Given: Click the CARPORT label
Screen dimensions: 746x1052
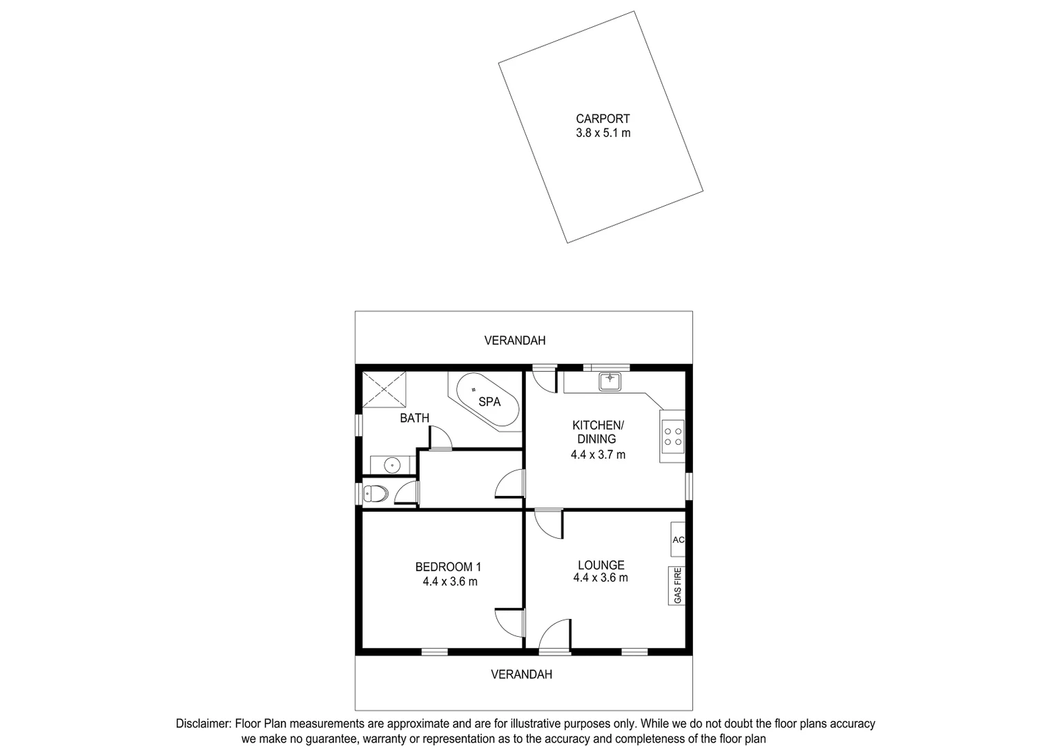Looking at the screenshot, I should tap(603, 119).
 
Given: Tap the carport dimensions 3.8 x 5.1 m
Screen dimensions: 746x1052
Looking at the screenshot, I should tap(603, 133).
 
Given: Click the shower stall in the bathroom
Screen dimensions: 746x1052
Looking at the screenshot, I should tap(384, 389).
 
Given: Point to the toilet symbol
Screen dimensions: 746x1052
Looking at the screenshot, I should tap(376, 493).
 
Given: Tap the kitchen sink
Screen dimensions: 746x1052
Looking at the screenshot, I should tap(610, 381).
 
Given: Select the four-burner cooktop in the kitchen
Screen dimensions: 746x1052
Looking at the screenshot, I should tap(672, 436).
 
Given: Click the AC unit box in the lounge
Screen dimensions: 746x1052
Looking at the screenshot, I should tap(678, 539).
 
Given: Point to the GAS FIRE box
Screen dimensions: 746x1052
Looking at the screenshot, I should tap(677, 586).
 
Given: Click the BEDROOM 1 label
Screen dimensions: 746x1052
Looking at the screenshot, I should tap(448, 567).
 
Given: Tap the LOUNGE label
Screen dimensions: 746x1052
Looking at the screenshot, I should tap(601, 565).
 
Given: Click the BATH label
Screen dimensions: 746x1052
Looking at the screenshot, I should tap(414, 418).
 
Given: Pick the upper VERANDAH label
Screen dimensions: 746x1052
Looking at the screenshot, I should tap(514, 341).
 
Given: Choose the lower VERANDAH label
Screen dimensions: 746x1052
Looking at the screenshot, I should tap(521, 674).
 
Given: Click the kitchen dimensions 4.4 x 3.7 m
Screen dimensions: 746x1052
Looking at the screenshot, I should tap(598, 455).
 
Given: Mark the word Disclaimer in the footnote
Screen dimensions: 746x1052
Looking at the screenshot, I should tap(204, 724).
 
